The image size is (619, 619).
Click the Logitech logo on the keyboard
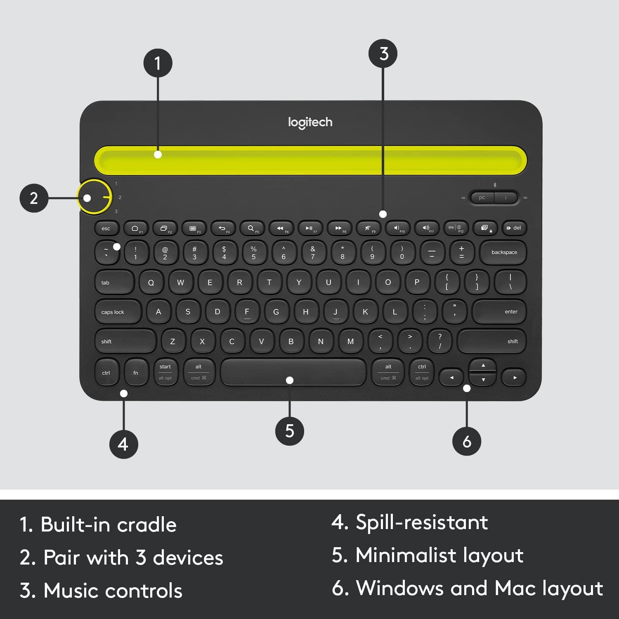[x=310, y=122]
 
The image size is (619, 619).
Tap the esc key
[x=106, y=228]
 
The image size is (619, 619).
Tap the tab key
[x=114, y=283]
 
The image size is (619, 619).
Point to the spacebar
[x=293, y=372]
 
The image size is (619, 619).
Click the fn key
[x=136, y=373]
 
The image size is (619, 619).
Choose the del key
[x=514, y=228]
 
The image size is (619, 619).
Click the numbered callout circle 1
[x=158, y=64]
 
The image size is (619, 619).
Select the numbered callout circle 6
[x=467, y=442]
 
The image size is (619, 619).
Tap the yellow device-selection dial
[x=95, y=197]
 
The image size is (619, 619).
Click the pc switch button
[x=482, y=198]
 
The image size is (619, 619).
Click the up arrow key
[x=483, y=365]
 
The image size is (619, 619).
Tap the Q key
[x=151, y=283]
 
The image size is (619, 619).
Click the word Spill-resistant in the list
[x=422, y=522]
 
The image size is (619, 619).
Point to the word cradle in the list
[x=146, y=525]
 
